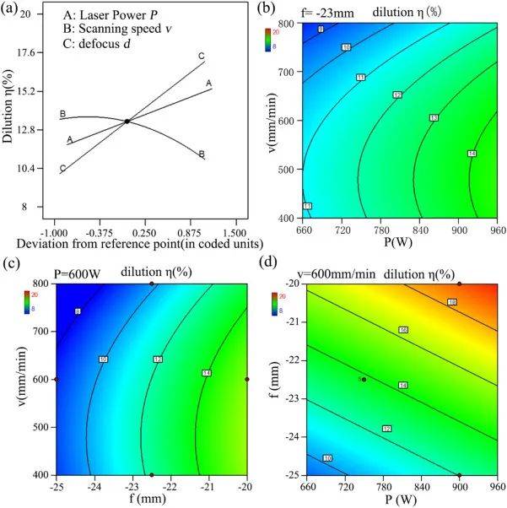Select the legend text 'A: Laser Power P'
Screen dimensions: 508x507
pos(105,15)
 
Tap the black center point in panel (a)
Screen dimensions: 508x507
pos(127,122)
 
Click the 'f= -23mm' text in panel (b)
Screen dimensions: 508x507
pos(313,13)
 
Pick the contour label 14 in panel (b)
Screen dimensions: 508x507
pos(472,154)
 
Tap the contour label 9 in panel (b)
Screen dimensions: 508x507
pos(321,30)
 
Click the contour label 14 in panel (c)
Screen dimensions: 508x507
pos(206,372)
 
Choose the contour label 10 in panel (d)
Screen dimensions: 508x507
pos(327,458)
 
